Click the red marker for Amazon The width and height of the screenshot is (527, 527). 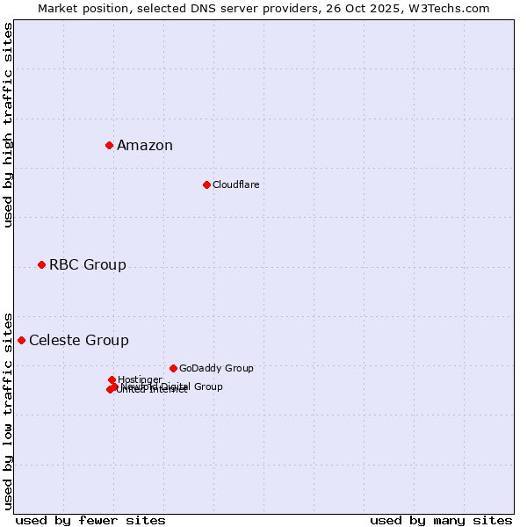[x=109, y=145]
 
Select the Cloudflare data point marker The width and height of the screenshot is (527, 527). [x=206, y=184]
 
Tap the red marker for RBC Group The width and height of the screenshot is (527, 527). [x=41, y=264]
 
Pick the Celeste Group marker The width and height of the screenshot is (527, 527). [x=21, y=340]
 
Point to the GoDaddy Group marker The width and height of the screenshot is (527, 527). [x=173, y=368]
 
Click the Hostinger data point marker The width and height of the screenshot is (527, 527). [x=112, y=379]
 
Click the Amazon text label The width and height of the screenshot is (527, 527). [x=145, y=146]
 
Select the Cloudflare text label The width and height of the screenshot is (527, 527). [x=235, y=184]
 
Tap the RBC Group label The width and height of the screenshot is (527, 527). [x=88, y=265]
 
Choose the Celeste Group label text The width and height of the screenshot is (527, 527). [x=79, y=341]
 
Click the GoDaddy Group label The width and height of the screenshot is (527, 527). [x=216, y=369]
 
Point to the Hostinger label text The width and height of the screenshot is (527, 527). [x=140, y=379]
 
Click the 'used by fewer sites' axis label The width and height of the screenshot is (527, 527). [x=90, y=520]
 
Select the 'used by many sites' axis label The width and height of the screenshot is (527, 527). [x=441, y=520]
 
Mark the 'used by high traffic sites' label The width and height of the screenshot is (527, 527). [x=8, y=125]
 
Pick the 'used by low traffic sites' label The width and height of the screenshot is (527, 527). [x=8, y=411]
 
